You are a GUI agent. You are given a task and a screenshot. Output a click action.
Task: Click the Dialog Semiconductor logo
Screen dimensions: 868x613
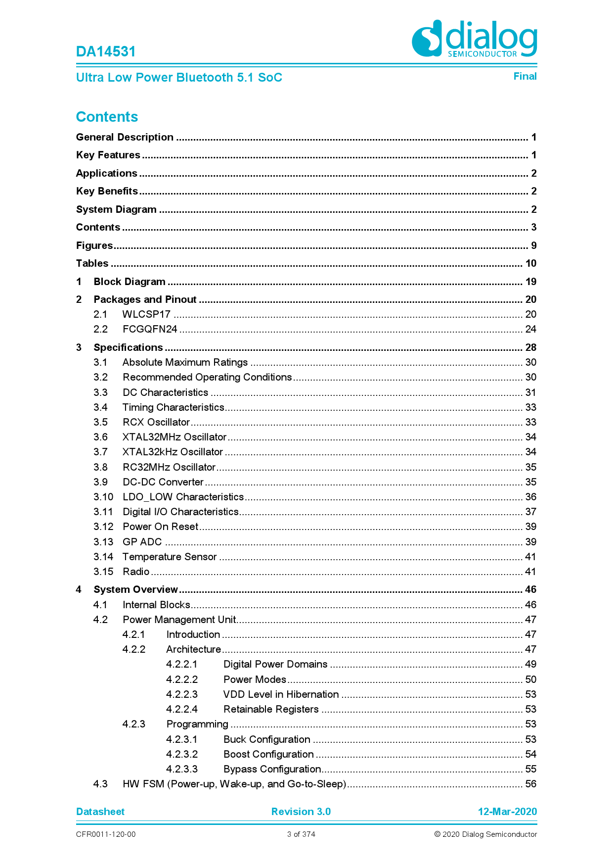point(474,39)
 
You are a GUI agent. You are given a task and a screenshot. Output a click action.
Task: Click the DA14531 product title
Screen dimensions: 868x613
point(106,51)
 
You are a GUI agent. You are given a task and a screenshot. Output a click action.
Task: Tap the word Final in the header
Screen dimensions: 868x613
point(525,76)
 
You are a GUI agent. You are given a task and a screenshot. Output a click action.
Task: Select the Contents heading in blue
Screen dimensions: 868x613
point(107,117)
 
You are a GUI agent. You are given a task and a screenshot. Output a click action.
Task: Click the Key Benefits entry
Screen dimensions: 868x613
point(107,191)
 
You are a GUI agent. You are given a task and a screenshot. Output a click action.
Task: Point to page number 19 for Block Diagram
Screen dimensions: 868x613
point(530,282)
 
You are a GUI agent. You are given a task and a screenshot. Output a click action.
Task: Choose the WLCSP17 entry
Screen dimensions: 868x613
point(146,314)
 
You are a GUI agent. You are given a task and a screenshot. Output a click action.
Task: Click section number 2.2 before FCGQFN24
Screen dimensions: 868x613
point(100,329)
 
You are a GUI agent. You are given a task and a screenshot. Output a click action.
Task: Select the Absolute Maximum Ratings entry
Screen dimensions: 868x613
point(185,362)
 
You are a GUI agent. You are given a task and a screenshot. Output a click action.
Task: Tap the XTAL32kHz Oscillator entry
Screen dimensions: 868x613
point(173,452)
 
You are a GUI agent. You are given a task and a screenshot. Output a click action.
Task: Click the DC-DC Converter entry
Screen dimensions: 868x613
point(163,482)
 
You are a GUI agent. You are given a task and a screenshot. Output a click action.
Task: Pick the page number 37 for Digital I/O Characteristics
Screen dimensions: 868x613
point(530,512)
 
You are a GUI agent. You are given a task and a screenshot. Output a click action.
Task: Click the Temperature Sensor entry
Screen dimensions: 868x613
point(170,557)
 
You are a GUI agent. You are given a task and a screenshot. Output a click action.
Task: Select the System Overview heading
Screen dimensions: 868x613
point(135,589)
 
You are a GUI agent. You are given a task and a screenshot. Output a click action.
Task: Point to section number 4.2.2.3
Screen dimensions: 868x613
point(182,694)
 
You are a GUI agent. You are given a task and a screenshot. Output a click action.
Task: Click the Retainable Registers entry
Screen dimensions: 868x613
point(271,709)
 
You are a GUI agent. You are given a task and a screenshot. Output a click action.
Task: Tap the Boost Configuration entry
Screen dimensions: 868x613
point(268,754)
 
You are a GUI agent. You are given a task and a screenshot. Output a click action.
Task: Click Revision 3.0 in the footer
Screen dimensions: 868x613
point(301,812)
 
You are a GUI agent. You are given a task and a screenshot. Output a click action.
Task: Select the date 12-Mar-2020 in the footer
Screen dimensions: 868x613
point(507,812)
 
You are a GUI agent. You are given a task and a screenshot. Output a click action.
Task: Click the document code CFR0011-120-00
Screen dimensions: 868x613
point(106,834)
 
